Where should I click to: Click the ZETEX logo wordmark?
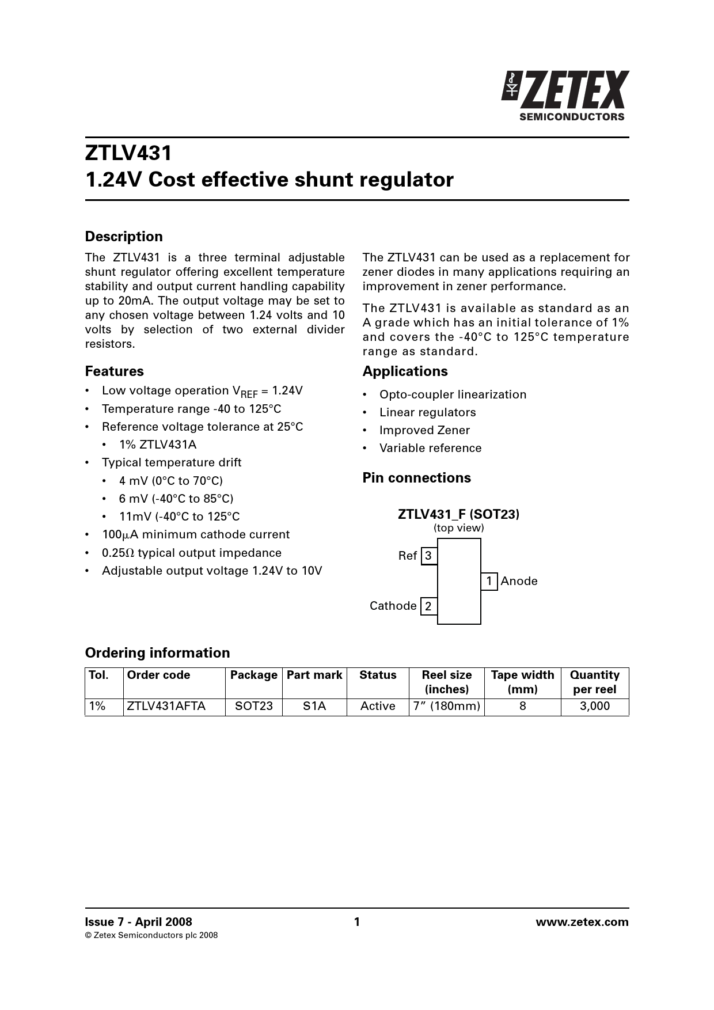[574, 90]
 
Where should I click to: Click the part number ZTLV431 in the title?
[128, 153]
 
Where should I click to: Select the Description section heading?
[124, 237]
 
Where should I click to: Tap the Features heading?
[114, 371]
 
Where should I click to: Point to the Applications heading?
[405, 371]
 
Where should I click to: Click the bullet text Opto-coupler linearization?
[453, 394]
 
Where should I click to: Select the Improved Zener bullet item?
[424, 430]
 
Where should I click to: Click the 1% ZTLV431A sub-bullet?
[158, 445]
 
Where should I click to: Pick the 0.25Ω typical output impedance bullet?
[192, 553]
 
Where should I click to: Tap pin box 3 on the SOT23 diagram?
[428, 556]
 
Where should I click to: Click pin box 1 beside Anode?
[489, 582]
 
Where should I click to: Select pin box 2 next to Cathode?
[428, 606]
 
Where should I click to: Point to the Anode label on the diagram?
[519, 581]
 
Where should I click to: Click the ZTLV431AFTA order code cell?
[166, 706]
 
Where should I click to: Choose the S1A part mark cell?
[314, 706]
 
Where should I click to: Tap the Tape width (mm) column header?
[522, 682]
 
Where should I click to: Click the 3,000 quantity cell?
[594, 706]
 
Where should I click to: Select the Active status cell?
[378, 706]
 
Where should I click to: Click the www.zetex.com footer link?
[582, 922]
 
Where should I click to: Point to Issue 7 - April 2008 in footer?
[139, 922]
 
